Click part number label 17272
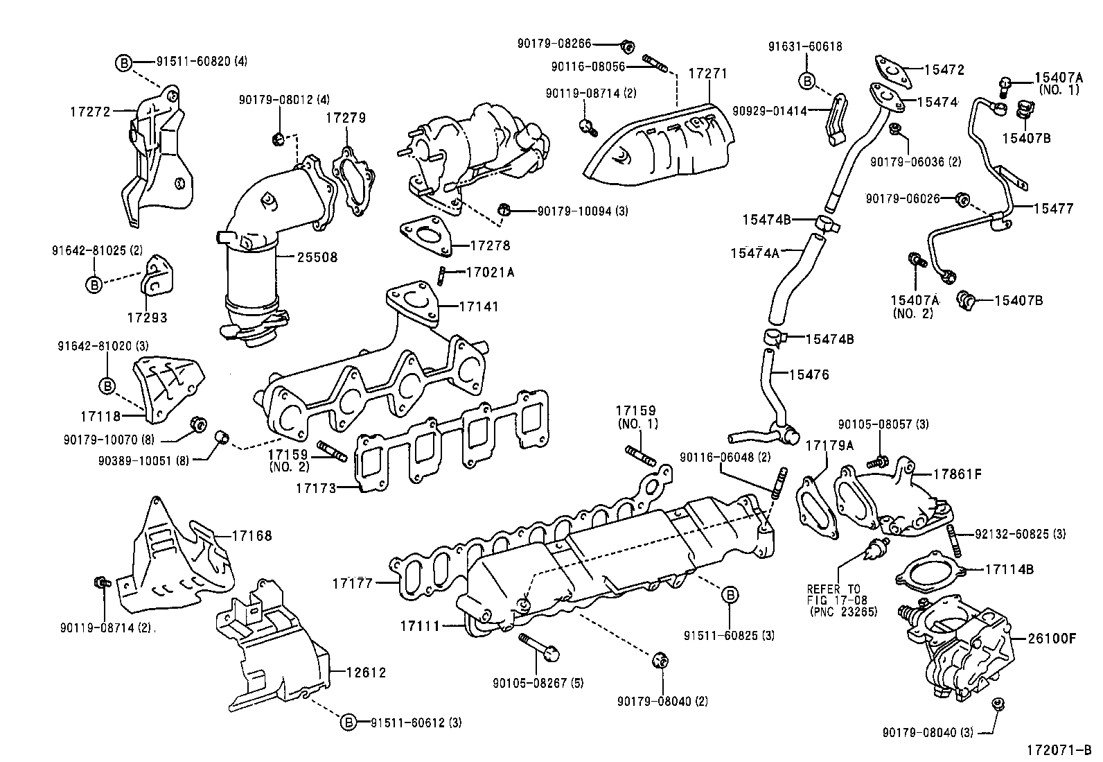90,110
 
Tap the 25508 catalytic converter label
317,257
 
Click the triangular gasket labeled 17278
425,235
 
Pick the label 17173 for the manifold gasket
315,488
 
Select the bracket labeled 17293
147,318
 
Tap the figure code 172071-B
1059,750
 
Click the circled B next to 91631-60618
806,81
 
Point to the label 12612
367,672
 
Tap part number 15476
809,375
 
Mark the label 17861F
958,474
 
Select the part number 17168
252,535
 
